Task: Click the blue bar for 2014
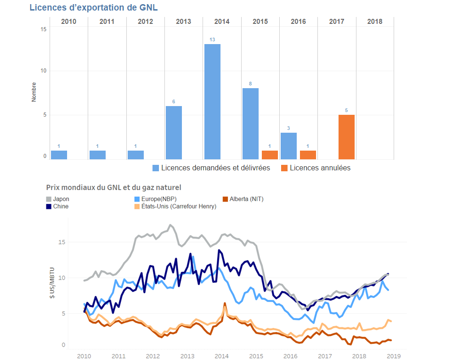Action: pyautogui.click(x=212, y=101)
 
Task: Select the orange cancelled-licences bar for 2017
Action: pyautogui.click(x=346, y=137)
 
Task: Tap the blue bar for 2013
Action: pyautogui.click(x=174, y=133)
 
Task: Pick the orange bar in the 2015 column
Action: pyautogui.click(x=270, y=155)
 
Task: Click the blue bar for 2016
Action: pyautogui.click(x=288, y=146)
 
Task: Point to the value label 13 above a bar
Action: pyautogui.click(x=212, y=39)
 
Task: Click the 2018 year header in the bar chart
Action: pyautogui.click(x=374, y=22)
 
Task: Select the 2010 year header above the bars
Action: pyautogui.click(x=68, y=22)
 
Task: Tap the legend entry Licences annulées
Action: pyautogui.click(x=316, y=168)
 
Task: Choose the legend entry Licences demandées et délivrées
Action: pyautogui.click(x=211, y=168)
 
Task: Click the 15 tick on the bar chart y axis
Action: pyautogui.click(x=44, y=29)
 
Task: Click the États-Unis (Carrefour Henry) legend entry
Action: pyautogui.click(x=175, y=207)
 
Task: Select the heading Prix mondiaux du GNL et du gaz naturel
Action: pyautogui.click(x=113, y=187)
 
